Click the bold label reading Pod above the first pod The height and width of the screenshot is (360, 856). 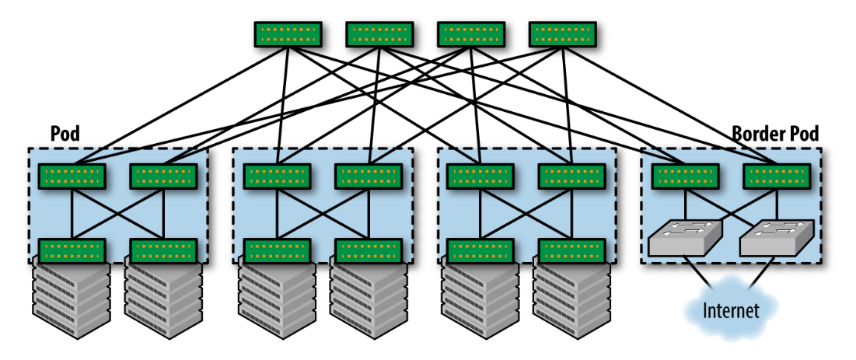[x=65, y=134]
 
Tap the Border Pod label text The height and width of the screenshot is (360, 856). [x=775, y=134]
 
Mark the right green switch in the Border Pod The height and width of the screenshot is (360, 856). [x=776, y=177]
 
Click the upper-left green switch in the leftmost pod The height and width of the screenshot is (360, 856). [x=72, y=177]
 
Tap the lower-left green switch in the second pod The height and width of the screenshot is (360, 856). [x=277, y=251]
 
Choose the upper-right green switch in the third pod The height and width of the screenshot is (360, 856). [x=571, y=177]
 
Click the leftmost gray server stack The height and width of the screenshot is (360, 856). [x=71, y=299]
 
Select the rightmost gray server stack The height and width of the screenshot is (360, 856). [x=571, y=299]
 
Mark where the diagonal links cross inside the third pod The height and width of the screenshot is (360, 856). [x=526, y=214]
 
